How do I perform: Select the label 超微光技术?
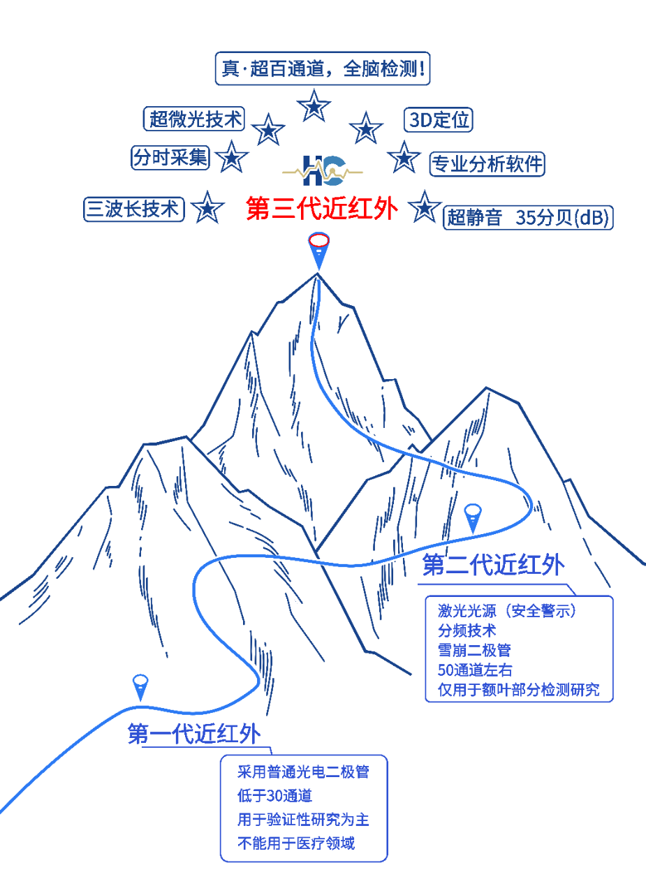(195, 119)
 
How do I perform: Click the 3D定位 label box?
(439, 119)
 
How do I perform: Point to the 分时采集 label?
(171, 157)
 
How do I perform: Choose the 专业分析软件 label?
(487, 164)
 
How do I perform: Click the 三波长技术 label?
(134, 209)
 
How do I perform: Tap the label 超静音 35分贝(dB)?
(529, 218)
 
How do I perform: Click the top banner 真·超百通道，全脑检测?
(322, 69)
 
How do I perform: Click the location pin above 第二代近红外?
(473, 517)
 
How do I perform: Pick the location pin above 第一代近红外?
(140, 686)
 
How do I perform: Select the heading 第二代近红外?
(493, 566)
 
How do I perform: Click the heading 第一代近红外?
(194, 734)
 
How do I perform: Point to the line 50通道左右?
(475, 670)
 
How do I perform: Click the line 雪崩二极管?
(474, 650)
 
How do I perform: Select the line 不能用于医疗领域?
(296, 843)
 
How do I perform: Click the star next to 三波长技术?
(207, 208)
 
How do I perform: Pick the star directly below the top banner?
(314, 107)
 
